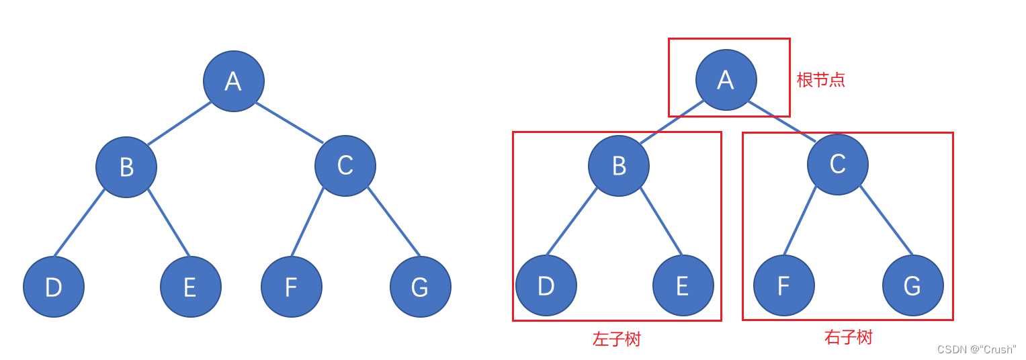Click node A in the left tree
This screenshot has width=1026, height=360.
click(233, 81)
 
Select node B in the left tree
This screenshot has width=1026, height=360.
click(126, 167)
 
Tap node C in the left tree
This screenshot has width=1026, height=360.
click(345, 166)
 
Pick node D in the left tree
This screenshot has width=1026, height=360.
click(54, 287)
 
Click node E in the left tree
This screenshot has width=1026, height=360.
click(191, 287)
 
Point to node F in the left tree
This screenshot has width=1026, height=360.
click(292, 287)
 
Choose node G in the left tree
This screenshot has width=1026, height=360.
click(421, 287)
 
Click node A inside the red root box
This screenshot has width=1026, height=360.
click(726, 80)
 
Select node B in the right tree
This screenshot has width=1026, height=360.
click(619, 166)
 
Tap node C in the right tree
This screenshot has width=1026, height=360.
click(838, 165)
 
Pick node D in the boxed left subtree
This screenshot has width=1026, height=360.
click(546, 285)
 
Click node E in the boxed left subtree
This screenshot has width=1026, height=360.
click(683, 285)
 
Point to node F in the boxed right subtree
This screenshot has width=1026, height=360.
click(784, 285)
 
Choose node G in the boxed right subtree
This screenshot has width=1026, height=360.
click(913, 285)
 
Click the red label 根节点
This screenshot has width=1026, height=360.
click(820, 80)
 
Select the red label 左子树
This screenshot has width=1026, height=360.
click(617, 339)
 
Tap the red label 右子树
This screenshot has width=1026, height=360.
click(848, 337)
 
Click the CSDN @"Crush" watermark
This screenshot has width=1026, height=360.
click(976, 349)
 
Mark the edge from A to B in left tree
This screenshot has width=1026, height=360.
click(179, 124)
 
